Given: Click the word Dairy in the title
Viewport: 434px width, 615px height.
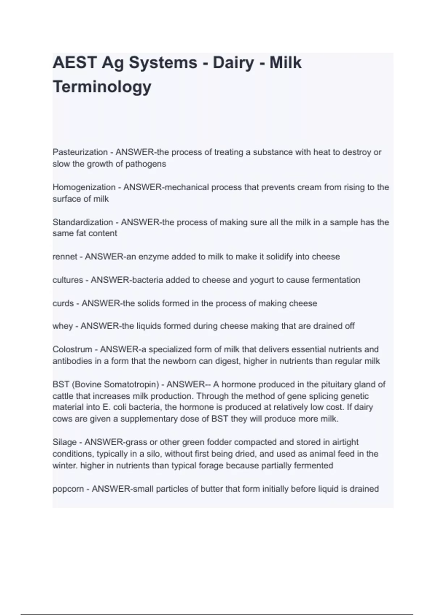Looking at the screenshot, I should [233, 63].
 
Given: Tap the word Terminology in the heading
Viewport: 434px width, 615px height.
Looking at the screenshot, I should [102, 87].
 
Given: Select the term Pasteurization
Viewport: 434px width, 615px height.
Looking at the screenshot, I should [80, 152].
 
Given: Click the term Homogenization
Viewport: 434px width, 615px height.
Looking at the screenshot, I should [84, 187].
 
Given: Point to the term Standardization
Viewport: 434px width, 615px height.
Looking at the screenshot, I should [83, 222].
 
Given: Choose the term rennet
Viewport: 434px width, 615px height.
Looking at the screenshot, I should [65, 257].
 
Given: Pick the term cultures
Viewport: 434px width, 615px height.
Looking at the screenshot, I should [68, 280].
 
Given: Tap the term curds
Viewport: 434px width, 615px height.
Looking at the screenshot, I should [63, 303].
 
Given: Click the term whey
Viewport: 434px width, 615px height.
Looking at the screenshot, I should [63, 326].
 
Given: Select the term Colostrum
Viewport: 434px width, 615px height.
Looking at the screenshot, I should [72, 349].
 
